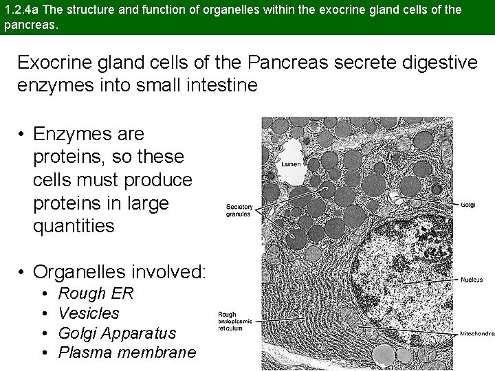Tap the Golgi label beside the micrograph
[467, 204]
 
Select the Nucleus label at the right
[471, 280]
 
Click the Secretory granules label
[239, 210]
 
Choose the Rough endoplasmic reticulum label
[236, 322]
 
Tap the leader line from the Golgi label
[426, 201]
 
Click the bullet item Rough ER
[96, 293]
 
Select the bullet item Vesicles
[89, 313]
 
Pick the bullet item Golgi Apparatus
[117, 333]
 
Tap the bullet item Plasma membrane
[127, 352]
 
